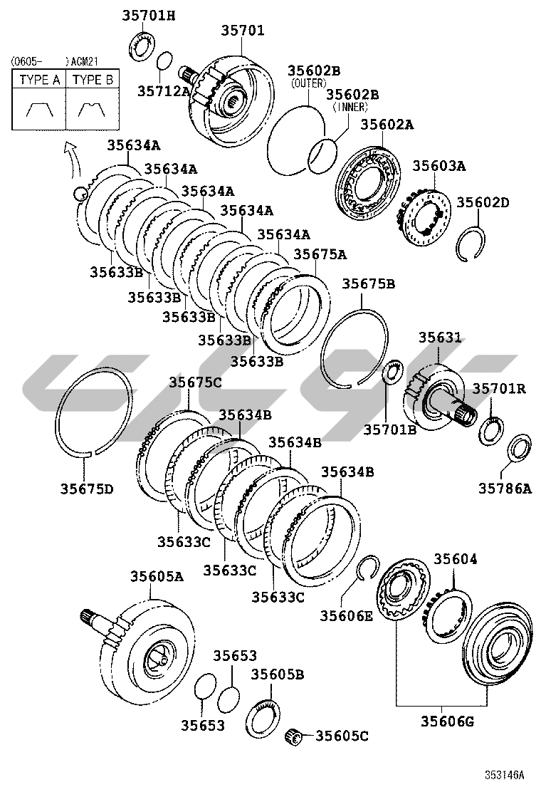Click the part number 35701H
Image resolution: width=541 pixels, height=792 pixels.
[x=148, y=16]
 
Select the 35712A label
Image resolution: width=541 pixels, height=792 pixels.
[x=164, y=91]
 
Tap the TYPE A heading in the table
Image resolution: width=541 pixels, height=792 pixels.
[x=39, y=80]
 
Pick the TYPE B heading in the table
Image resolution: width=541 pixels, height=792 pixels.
[x=93, y=80]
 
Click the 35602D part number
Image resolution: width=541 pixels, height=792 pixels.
[x=483, y=202]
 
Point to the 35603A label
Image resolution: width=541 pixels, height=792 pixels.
[x=439, y=166]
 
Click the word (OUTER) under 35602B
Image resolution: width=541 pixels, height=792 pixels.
[x=308, y=83]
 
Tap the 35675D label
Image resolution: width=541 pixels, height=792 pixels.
[x=87, y=489]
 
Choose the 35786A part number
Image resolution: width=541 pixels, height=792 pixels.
[x=505, y=489]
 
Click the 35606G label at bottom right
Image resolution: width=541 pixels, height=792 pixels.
[x=448, y=721]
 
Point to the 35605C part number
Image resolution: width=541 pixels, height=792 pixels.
[x=342, y=736]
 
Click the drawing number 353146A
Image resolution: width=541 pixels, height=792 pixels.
[x=505, y=775]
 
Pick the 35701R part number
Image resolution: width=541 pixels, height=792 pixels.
[x=499, y=388]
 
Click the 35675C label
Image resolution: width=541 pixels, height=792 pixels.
[x=195, y=382]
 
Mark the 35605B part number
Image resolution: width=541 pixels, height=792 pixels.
[x=278, y=674]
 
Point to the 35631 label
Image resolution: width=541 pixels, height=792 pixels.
[x=440, y=338]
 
